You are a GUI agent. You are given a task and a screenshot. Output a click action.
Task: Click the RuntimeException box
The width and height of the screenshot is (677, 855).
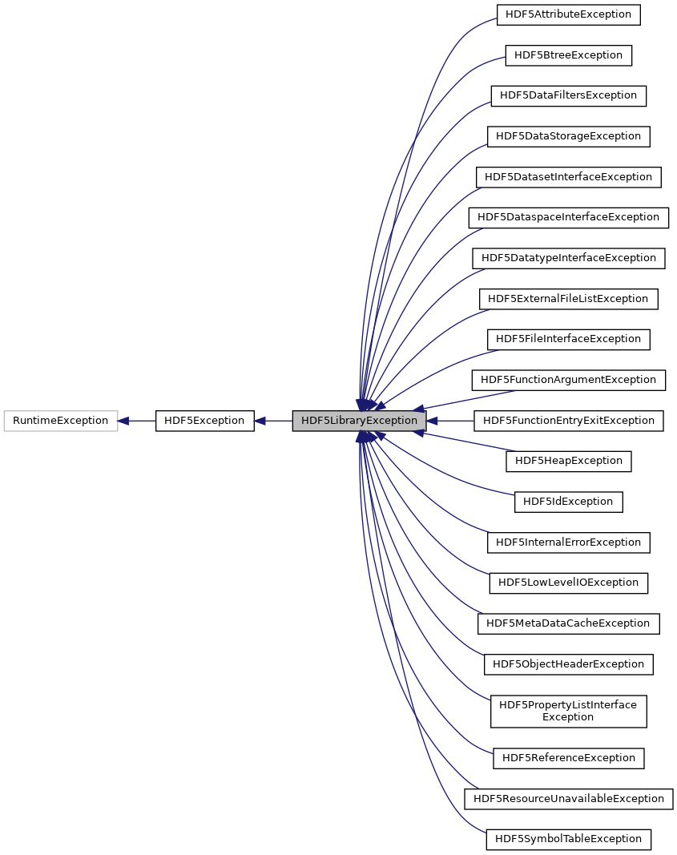click(60, 421)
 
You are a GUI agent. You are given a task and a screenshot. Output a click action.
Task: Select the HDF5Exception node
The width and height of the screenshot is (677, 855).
click(204, 421)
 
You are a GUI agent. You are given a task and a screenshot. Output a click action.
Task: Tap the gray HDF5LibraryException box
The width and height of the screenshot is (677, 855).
click(359, 421)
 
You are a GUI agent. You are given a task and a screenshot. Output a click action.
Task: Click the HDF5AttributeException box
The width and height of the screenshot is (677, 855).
click(568, 14)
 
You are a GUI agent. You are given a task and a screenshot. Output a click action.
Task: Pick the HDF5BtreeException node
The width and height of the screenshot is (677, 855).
click(568, 55)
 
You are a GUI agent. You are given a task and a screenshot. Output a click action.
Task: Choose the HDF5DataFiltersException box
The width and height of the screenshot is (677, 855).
click(568, 95)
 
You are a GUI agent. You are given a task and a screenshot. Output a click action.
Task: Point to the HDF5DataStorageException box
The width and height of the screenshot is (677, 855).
click(568, 136)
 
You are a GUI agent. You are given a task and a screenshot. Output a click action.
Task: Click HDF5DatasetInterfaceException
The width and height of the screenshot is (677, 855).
click(568, 177)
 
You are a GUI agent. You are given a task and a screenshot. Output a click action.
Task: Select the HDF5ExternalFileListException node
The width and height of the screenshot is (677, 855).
click(568, 299)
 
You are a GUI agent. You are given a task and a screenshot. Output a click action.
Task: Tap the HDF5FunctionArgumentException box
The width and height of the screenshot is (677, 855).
click(568, 380)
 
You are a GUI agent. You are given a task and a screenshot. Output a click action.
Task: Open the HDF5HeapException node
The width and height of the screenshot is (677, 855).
click(568, 461)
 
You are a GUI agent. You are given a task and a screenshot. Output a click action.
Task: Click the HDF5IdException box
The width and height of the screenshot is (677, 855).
click(568, 502)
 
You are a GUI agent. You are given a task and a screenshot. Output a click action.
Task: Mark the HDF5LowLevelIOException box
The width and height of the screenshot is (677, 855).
click(568, 583)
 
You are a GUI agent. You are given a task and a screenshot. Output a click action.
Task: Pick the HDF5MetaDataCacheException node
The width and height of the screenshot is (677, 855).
click(568, 623)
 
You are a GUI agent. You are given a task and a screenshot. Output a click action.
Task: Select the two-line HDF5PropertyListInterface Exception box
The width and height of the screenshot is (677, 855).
click(568, 711)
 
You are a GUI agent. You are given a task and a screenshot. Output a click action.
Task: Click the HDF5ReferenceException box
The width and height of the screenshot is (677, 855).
click(568, 758)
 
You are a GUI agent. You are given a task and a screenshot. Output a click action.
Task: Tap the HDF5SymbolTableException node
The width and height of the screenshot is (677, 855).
click(568, 839)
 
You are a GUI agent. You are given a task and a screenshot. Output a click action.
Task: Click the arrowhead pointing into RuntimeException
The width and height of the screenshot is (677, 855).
click(124, 421)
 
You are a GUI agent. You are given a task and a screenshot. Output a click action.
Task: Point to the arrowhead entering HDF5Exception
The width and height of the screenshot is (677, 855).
click(260, 421)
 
